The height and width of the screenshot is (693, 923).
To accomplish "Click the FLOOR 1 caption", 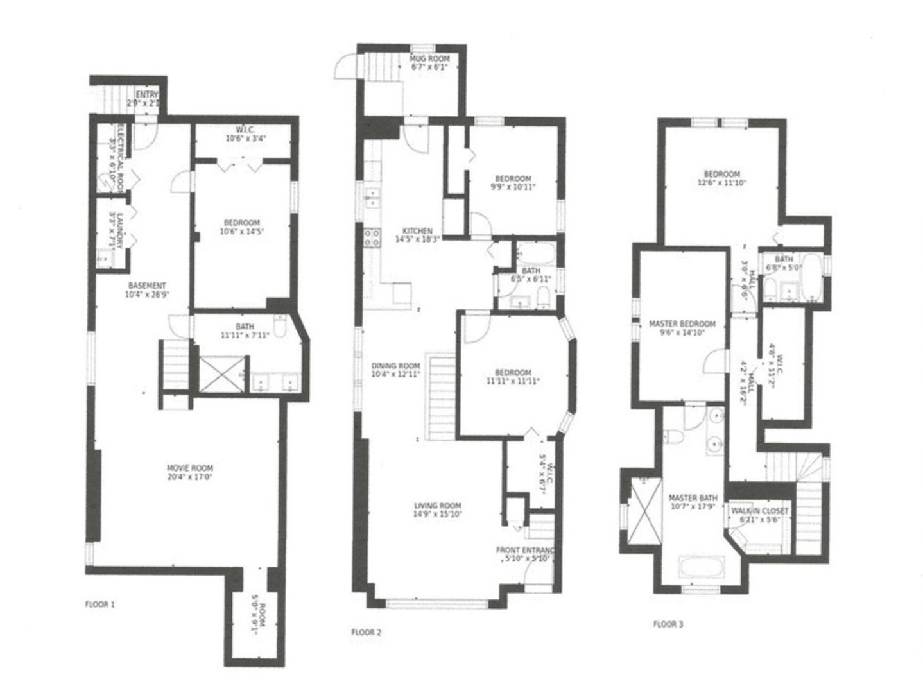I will [x=99, y=604].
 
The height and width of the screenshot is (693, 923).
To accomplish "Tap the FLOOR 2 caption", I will [x=366, y=632].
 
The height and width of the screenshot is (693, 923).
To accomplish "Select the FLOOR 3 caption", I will [x=668, y=624].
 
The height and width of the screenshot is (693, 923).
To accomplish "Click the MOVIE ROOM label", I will [x=190, y=468].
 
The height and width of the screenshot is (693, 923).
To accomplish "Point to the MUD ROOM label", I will [x=430, y=59].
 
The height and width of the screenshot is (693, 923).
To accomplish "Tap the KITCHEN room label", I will [x=417, y=231].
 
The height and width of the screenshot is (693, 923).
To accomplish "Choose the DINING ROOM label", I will [x=395, y=366].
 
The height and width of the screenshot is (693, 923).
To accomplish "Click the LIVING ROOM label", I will [x=438, y=505].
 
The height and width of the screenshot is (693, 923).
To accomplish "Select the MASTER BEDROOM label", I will [x=682, y=324].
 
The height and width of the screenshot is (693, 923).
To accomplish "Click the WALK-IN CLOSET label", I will [x=760, y=511].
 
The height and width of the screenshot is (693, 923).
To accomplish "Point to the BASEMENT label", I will [x=147, y=286].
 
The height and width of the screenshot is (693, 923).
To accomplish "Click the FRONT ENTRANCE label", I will [x=525, y=551].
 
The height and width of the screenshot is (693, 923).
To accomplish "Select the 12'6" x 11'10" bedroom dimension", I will [x=721, y=182].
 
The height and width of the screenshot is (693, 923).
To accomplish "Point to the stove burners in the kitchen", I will [x=372, y=239].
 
